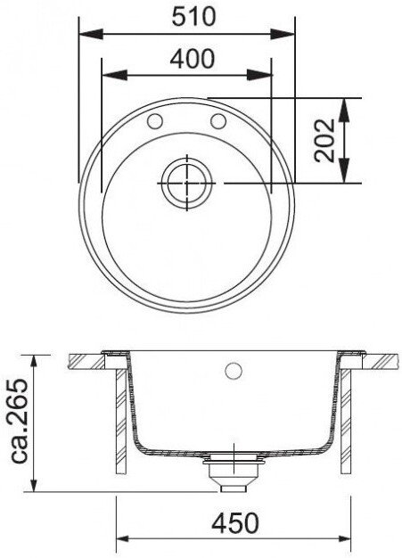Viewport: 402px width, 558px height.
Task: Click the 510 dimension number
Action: coord(193,16)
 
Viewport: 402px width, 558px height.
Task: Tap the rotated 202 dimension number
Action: coord(324,140)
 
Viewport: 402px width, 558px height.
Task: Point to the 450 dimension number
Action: coord(235,523)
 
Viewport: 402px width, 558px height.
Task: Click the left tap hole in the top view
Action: coord(155,121)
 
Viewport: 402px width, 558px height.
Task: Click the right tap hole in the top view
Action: coord(218,121)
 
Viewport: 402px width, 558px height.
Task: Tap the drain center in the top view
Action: coord(187,184)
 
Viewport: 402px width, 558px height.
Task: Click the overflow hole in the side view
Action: coord(234,371)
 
